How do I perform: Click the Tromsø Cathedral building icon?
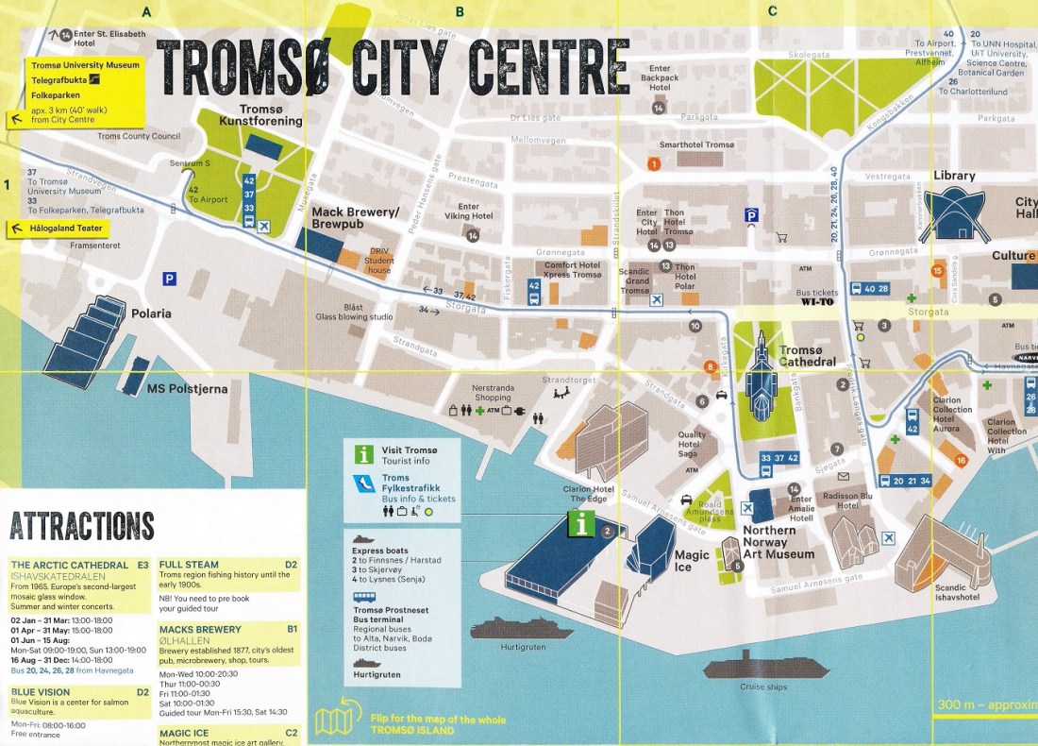pos(761,379)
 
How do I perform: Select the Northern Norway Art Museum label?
pos(778,542)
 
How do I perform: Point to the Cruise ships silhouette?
pos(764,667)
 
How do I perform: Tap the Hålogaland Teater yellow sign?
pos(59,229)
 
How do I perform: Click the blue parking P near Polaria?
pos(169,279)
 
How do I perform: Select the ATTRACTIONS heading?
pos(81,526)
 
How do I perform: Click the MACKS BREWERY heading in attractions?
pos(200,629)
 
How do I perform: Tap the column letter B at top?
pos(460,12)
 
